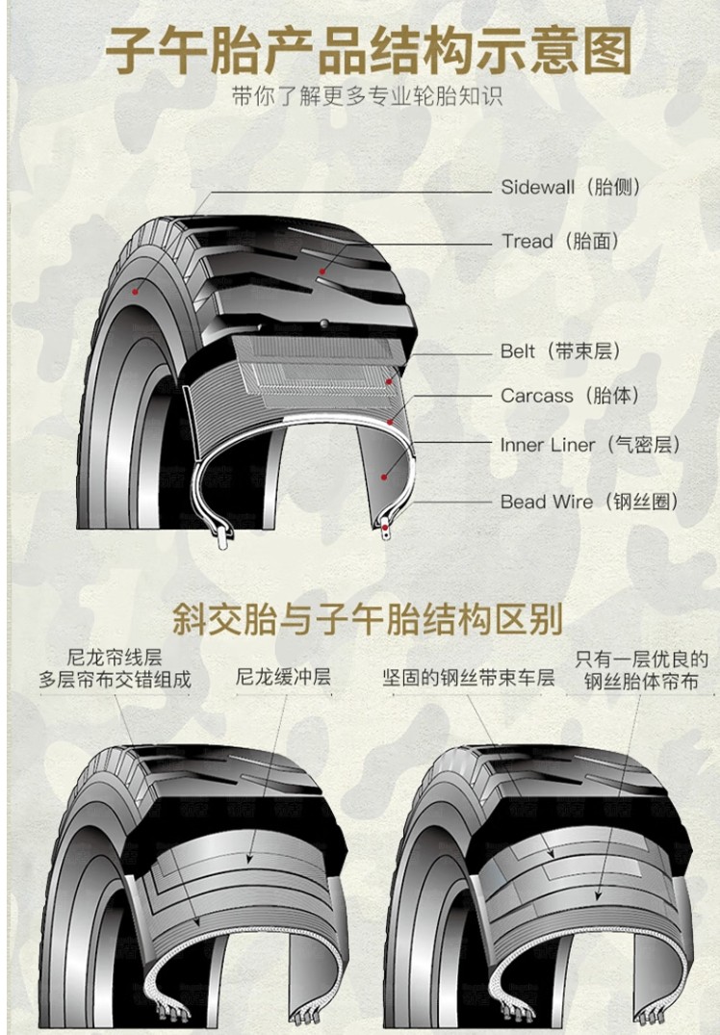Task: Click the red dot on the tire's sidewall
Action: pyautogui.click(x=136, y=291)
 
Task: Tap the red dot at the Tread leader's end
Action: pyautogui.click(x=322, y=272)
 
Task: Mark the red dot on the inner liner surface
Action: pyautogui.click(x=384, y=476)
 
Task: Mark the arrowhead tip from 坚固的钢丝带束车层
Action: pyautogui.click(x=553, y=858)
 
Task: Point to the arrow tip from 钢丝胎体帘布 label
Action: pyautogui.click(x=597, y=899)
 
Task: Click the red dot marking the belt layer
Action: pyautogui.click(x=390, y=381)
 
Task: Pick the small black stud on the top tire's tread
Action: pyautogui.click(x=324, y=323)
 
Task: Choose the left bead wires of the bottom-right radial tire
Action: pyautogui.click(x=510, y=1011)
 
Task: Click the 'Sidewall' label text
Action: pyautogui.click(x=538, y=188)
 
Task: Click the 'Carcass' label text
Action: pyautogui.click(x=536, y=396)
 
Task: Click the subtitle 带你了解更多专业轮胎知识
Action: pyautogui.click(x=367, y=96)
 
